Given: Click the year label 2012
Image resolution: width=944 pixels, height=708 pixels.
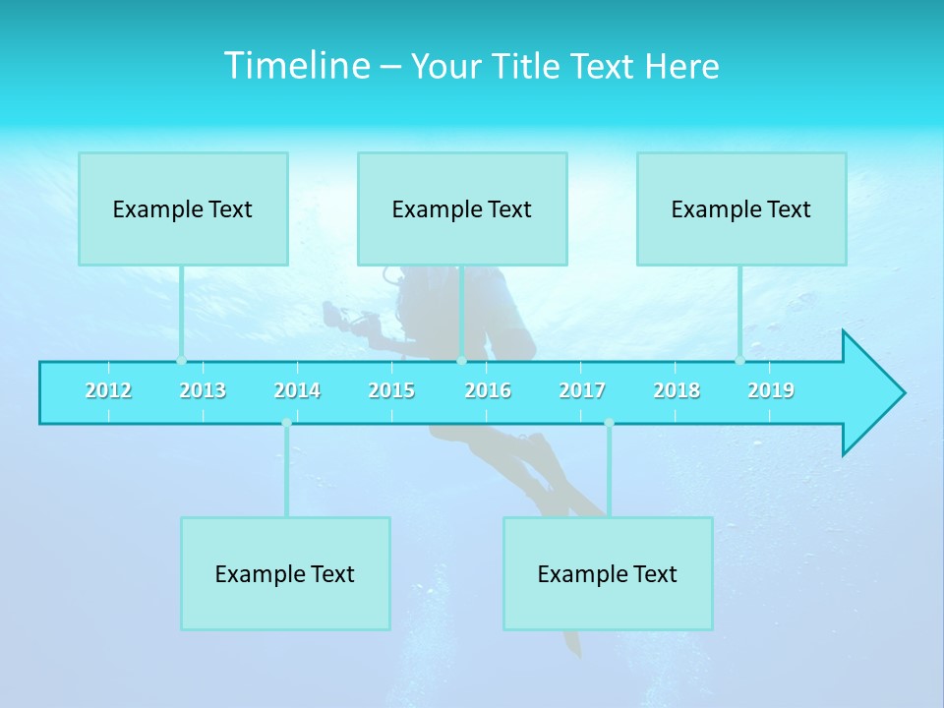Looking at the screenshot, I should click(x=108, y=390).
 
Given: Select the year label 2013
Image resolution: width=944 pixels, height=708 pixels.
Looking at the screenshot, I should click(x=203, y=390).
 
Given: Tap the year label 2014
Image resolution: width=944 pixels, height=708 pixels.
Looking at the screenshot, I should click(x=297, y=390).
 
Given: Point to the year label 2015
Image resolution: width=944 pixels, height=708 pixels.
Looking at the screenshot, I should click(x=391, y=390).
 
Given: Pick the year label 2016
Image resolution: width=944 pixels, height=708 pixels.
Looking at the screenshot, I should click(x=488, y=390).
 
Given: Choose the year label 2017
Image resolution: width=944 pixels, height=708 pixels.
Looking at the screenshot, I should click(x=582, y=390).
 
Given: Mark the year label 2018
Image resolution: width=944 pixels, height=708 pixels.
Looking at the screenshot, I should click(x=677, y=390).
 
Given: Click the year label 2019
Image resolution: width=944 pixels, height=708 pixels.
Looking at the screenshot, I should click(x=771, y=390).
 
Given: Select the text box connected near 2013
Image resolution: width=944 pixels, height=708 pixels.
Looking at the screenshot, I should click(x=183, y=208).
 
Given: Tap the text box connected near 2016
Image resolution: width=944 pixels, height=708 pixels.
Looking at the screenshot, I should click(x=462, y=208).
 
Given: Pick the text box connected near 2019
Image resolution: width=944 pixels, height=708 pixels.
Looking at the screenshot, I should click(x=741, y=208).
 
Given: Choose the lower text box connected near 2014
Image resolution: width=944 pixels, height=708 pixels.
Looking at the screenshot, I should click(x=285, y=573).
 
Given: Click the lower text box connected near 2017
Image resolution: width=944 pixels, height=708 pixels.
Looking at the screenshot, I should click(x=608, y=573).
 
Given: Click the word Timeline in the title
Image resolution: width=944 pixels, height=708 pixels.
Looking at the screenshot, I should click(x=295, y=66).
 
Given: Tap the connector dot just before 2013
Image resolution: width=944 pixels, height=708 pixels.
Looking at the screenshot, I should click(x=181, y=360).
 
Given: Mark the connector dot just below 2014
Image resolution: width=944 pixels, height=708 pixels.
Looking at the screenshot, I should click(x=286, y=423).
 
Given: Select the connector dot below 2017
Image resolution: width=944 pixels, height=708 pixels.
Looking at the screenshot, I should click(x=609, y=423).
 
